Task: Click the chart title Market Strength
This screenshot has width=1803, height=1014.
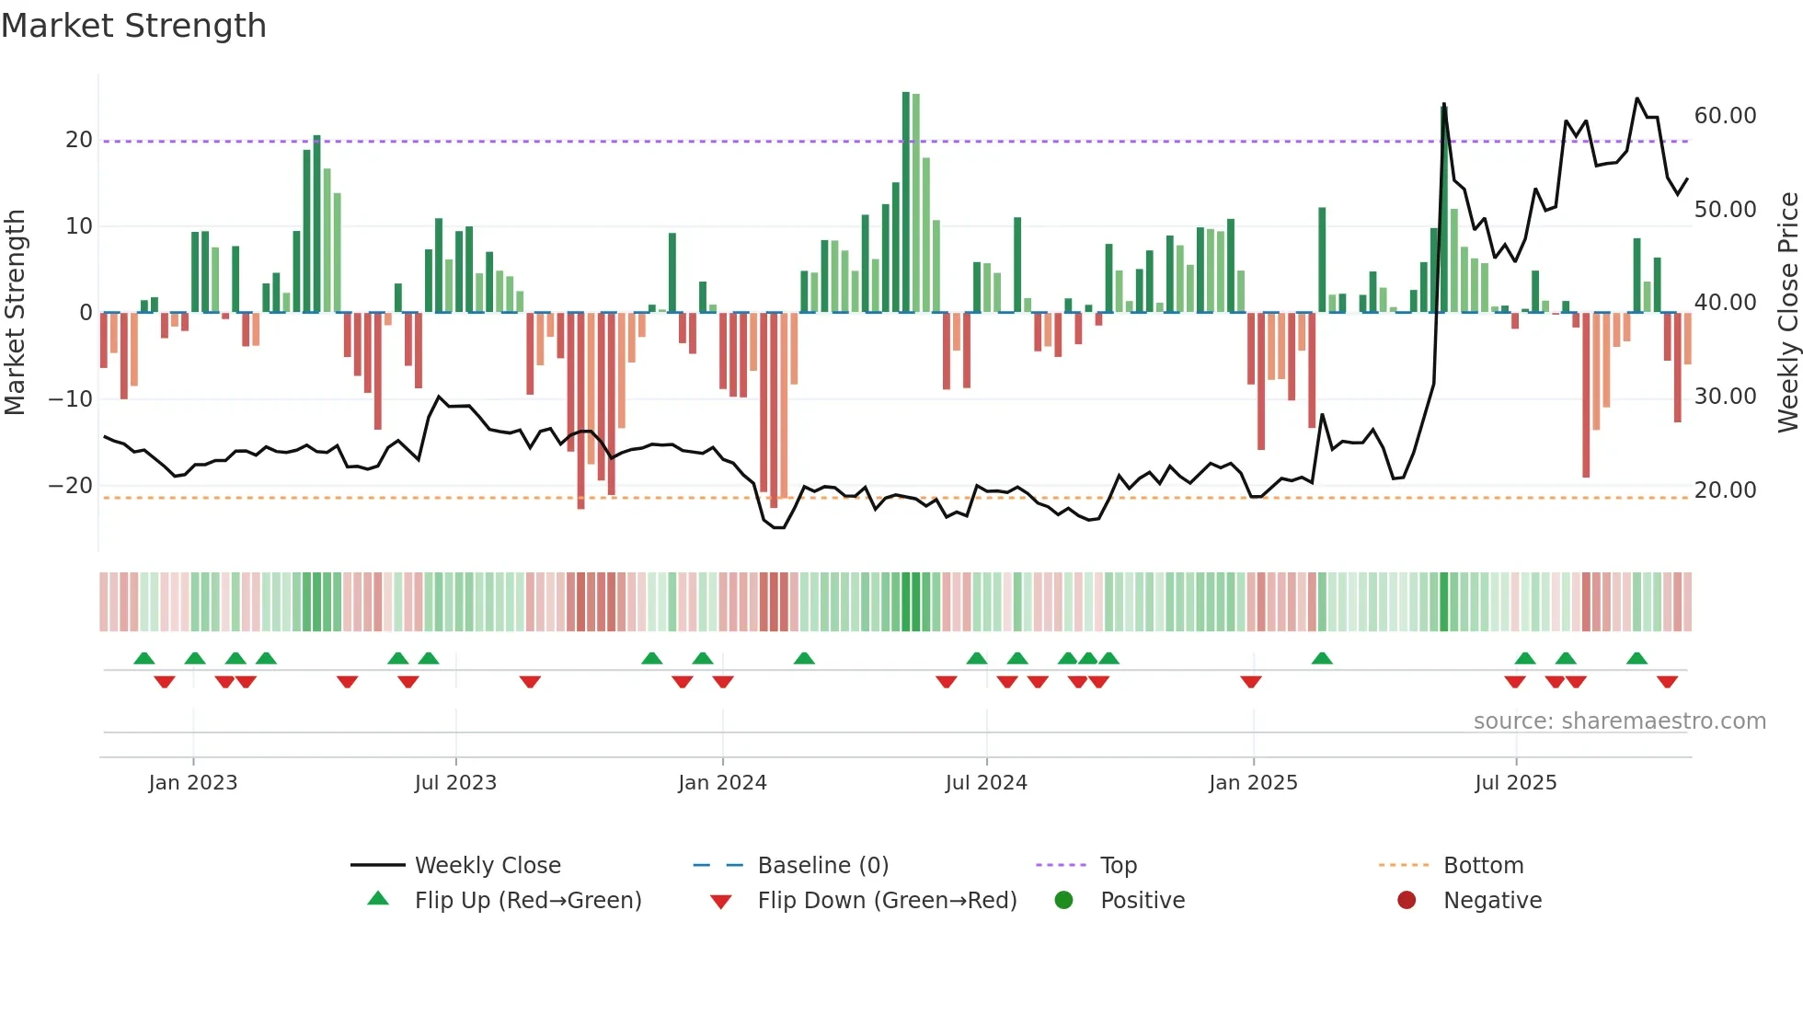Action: (134, 26)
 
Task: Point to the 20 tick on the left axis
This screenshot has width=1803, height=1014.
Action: (79, 140)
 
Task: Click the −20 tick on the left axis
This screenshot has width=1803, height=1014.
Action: (71, 486)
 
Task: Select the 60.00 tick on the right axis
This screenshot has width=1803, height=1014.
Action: (1725, 116)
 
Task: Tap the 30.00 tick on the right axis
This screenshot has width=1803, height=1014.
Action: (1725, 397)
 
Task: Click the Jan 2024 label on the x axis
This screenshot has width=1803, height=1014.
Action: (722, 783)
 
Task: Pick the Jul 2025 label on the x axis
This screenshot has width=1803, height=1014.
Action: (1515, 783)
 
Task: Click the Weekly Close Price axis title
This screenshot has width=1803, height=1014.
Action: (1787, 313)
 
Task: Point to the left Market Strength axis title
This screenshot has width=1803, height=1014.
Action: (15, 313)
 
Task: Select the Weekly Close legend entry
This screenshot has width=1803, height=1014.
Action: (488, 866)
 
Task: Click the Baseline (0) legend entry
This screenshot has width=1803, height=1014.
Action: (822, 866)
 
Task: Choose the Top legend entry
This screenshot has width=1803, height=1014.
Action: (1119, 866)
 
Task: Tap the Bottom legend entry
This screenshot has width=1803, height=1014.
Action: (1483, 866)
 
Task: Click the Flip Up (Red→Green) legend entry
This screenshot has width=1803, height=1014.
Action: (528, 901)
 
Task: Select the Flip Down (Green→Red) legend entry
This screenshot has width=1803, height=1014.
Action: (887, 901)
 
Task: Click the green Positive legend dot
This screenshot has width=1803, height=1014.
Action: (1064, 901)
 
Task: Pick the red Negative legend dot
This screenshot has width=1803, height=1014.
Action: (1407, 901)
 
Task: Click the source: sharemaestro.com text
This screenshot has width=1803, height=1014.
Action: (1619, 721)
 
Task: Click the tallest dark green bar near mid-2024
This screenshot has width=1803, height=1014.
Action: (906, 202)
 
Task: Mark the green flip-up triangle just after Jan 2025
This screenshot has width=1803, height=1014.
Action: (1322, 658)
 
